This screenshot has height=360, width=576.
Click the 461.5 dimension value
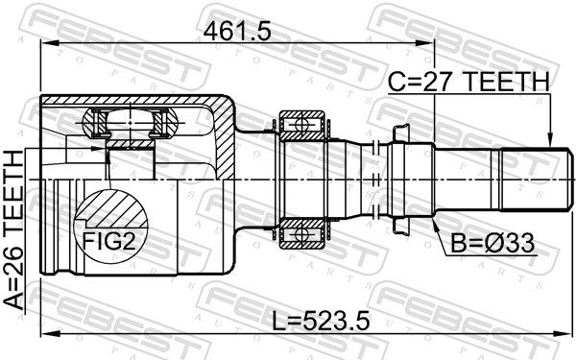[x=237, y=31]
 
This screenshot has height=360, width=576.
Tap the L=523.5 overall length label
[x=321, y=320]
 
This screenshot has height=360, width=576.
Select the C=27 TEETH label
[x=468, y=82]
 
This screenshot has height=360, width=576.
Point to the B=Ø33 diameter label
[x=492, y=243]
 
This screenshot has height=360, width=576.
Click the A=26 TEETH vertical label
[x=13, y=229]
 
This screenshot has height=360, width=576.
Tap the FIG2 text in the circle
[x=109, y=241]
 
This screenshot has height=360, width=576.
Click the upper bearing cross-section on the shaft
[x=302, y=125]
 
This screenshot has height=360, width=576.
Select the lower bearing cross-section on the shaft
[x=302, y=233]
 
